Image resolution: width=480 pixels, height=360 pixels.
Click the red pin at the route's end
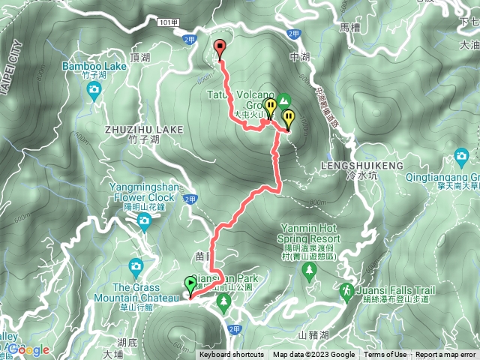(x=220, y=47)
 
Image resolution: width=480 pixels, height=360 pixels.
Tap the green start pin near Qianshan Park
(x=190, y=283)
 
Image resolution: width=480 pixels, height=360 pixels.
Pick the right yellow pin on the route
(x=289, y=118)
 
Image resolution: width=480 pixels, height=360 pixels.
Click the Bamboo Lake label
(x=94, y=66)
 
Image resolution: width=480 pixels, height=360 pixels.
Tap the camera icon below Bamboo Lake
(x=94, y=91)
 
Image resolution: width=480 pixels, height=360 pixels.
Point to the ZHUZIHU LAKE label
(x=145, y=130)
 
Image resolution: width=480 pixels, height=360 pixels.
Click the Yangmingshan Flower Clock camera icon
(x=143, y=220)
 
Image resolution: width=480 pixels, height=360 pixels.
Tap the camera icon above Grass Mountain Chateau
(x=135, y=266)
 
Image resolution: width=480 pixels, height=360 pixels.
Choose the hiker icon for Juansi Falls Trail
(x=346, y=289)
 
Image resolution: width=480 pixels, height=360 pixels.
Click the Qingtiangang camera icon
(x=461, y=157)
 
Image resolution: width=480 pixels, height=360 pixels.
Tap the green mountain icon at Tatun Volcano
(x=284, y=100)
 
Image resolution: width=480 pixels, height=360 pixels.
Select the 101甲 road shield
(x=169, y=23)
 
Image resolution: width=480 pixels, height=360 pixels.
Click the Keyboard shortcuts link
(x=231, y=355)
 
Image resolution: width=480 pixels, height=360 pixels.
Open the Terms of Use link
(x=386, y=355)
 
